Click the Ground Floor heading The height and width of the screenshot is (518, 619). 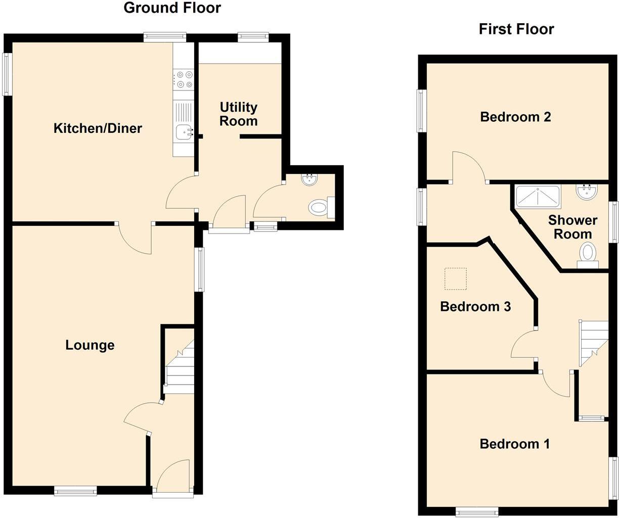172,8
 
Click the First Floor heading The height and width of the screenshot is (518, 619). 516,29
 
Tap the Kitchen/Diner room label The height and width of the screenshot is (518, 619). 98,128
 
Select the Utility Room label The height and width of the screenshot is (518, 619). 239,114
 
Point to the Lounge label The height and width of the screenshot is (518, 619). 90,345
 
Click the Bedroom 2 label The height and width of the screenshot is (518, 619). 515,117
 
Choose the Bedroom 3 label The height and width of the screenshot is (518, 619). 475,307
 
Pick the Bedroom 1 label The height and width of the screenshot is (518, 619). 515,444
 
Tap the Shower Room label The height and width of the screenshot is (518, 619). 572,227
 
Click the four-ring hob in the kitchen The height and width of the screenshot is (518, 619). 183,80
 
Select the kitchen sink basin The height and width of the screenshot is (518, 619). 183,132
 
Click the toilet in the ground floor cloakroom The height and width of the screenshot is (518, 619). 319,207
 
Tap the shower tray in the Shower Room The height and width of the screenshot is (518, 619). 538,197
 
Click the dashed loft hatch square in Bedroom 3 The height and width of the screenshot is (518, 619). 455,278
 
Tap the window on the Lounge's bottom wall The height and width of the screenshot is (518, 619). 75,490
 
